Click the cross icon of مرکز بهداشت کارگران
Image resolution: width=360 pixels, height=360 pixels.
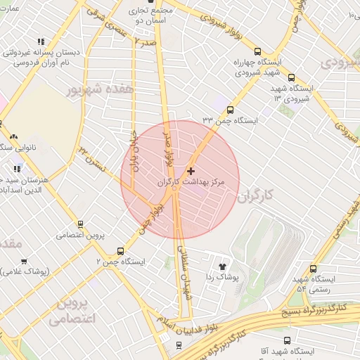click(x=191, y=171)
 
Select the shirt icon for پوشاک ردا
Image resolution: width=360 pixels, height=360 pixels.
click(x=223, y=267)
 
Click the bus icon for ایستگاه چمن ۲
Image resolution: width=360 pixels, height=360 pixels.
click(x=120, y=251)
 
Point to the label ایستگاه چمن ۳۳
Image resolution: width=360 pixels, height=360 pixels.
click(x=230, y=121)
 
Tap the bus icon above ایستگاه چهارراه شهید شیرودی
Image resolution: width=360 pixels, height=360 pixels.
click(x=257, y=51)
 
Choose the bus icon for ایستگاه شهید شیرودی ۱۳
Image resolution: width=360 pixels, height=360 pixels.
click(x=291, y=78)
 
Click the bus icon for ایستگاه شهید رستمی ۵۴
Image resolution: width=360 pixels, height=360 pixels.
click(x=312, y=269)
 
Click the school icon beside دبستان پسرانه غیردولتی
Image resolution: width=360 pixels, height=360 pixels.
click(x=41, y=41)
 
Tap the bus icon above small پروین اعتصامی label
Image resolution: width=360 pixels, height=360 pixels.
click(x=80, y=224)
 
